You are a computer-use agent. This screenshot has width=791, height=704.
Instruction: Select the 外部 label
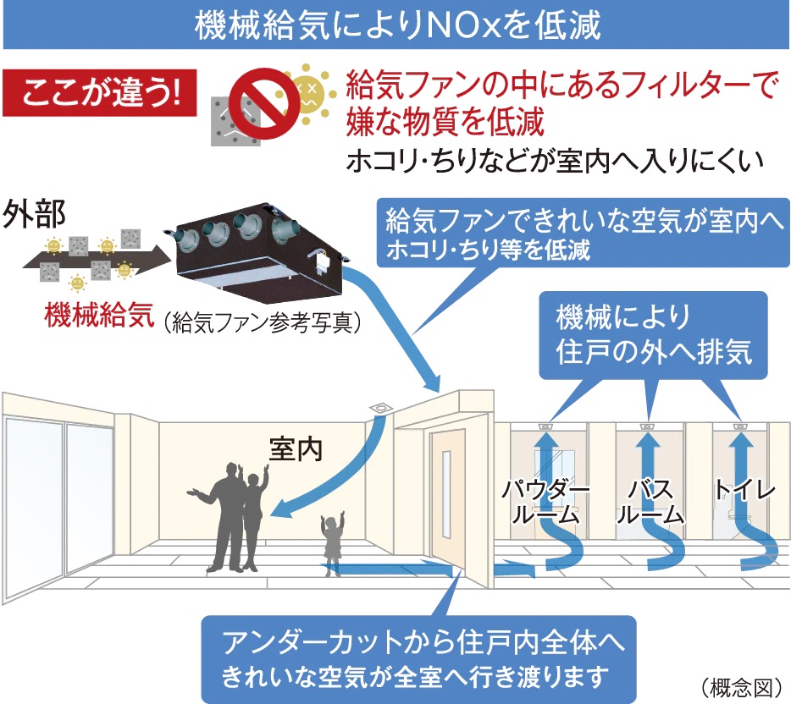[x=36, y=214]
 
